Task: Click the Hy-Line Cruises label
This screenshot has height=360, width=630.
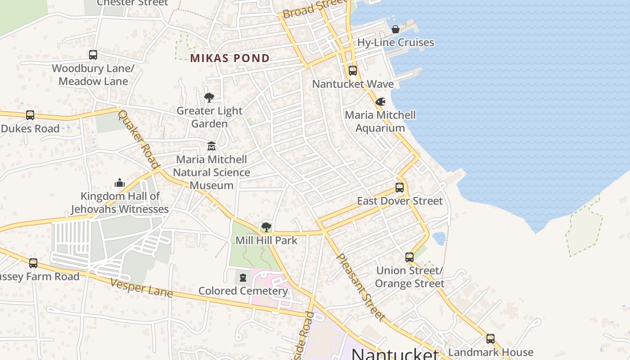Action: pos(396,43)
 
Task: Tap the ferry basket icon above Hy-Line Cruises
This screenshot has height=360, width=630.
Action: pos(396,30)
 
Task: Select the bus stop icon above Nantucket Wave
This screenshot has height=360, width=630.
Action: pos(353,71)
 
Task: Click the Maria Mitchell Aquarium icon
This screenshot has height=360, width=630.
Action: pos(381,102)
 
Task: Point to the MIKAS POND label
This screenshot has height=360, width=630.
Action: pos(230,58)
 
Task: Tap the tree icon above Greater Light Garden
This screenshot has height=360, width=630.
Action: pos(209,97)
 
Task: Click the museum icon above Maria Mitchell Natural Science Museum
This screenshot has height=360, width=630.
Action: pos(211,146)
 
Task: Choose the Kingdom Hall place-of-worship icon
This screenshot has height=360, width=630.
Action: pos(120,183)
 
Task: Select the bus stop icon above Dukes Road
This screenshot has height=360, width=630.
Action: pos(30,115)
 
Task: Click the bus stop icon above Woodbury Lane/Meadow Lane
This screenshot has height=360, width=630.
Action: pos(93,55)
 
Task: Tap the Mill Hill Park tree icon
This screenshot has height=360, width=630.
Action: pos(266,227)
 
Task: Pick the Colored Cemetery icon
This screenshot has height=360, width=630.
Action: pos(243,278)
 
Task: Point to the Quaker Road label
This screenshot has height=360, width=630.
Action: pos(139,139)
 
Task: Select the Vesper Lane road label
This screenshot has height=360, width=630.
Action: pos(141,288)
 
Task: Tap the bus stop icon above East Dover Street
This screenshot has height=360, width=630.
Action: pos(400,188)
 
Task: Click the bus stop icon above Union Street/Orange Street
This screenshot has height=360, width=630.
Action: pos(409,257)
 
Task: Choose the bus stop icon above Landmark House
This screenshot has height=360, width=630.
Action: pos(490,339)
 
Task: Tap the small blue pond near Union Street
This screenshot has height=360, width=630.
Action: pos(439,238)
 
